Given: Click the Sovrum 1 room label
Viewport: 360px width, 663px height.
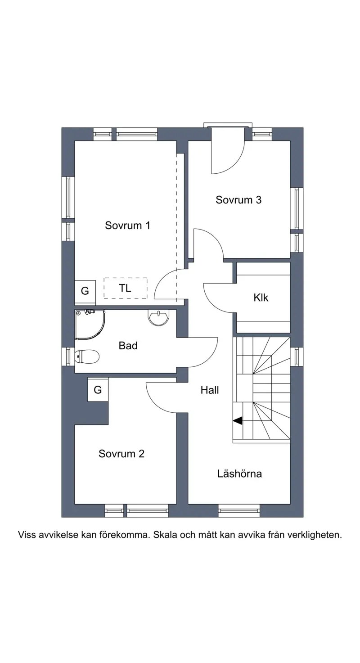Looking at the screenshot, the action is coord(127,226).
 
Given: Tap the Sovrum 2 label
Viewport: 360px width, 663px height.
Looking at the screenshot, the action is coord(121,454).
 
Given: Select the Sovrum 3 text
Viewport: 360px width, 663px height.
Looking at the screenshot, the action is coord(238,200).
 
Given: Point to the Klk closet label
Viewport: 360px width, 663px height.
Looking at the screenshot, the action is coord(261,298).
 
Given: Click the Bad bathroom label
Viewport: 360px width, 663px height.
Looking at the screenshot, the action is coord(128,345).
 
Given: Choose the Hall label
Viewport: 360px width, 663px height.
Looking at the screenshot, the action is coord(210,390).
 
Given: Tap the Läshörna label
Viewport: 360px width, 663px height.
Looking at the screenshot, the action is coord(239,474).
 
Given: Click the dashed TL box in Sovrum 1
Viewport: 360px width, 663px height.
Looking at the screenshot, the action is coord(126,288).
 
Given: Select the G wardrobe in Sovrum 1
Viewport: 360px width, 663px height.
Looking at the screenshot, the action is coord(85,291).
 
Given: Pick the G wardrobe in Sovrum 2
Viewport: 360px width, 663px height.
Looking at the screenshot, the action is coord(98,390).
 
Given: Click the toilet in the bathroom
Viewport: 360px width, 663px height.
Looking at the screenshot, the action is coord(86,356).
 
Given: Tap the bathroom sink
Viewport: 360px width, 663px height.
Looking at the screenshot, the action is coord(159,318).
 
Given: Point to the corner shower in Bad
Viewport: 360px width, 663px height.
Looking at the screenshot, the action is coord(90,324).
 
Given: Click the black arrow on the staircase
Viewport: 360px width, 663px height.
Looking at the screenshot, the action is coord(238,420).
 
